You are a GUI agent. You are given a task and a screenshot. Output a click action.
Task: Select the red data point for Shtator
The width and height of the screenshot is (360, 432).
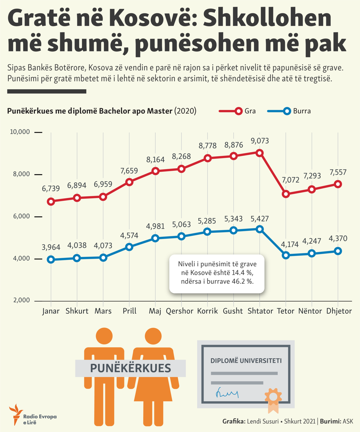[x=260, y=153]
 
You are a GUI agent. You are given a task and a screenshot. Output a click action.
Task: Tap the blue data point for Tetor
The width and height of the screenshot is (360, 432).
[x=286, y=255]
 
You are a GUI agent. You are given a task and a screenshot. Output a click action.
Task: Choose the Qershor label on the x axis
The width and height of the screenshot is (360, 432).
[x=180, y=311]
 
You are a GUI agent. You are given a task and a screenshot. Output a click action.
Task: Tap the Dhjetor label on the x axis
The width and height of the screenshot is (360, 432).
[x=339, y=311]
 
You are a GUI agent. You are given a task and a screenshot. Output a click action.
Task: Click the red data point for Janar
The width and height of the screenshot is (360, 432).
[x=51, y=201]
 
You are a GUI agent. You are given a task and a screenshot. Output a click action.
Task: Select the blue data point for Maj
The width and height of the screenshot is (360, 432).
[x=155, y=238]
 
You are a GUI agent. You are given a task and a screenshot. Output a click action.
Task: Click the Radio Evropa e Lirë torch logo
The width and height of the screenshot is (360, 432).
[x=15, y=413]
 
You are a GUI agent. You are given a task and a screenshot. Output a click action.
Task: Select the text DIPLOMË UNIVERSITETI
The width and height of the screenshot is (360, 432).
[x=246, y=360]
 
